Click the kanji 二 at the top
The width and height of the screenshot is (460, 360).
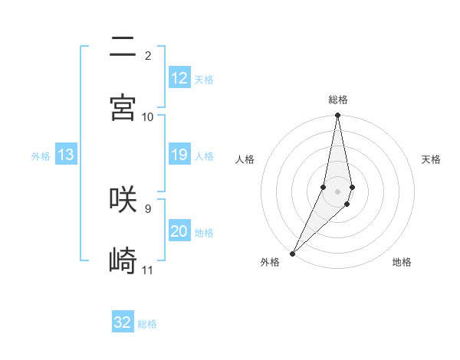123,47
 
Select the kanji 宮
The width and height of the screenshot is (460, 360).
123,108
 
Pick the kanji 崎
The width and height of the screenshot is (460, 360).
123,260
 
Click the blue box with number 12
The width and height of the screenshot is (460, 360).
179,78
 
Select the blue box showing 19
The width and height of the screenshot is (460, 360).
179,155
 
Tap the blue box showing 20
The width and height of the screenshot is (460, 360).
179,231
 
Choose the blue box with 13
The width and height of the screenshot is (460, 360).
66,155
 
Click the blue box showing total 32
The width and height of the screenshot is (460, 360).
123,322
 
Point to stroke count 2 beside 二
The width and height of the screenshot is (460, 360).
147,56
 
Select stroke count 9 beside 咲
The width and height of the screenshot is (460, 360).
147,208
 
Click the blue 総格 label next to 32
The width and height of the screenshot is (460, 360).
147,324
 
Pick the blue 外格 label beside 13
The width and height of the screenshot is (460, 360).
41,156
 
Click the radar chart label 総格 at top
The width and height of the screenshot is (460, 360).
338,100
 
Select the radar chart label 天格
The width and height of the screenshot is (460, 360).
432,159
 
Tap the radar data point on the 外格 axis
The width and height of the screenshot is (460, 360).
293,253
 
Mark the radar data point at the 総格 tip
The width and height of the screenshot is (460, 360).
338,116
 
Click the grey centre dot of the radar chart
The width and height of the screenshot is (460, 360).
338,191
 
